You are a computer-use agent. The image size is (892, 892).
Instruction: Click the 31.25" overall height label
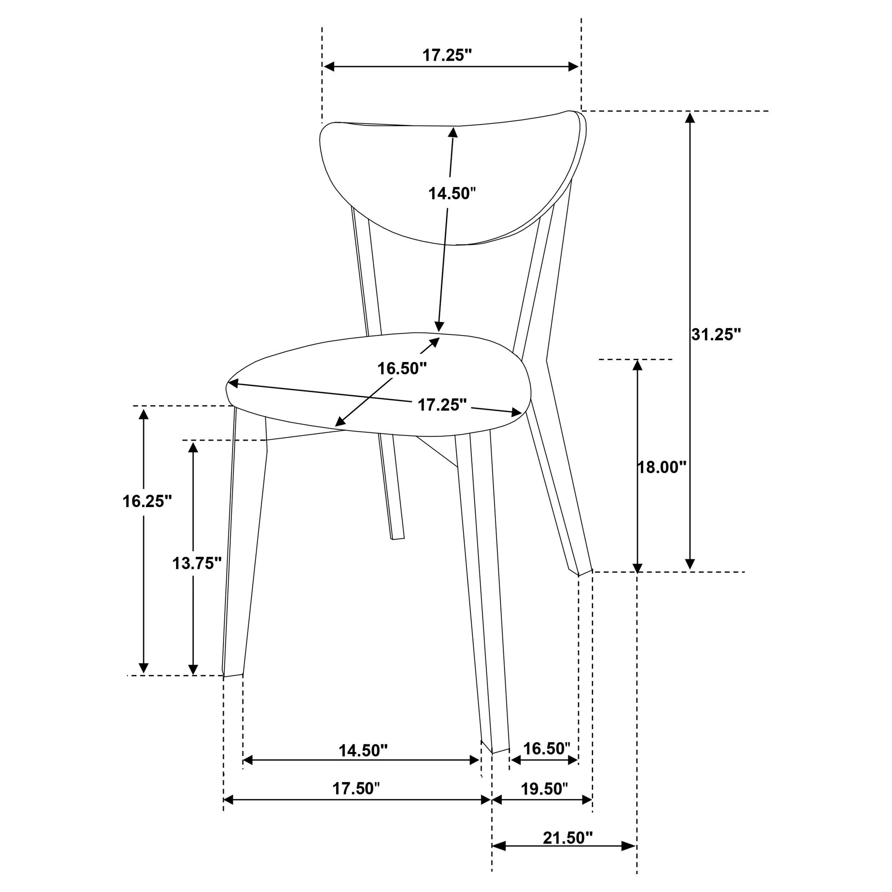[716, 335]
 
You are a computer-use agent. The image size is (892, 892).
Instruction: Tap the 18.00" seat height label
[662, 467]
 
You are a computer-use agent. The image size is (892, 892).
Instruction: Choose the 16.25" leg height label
[147, 501]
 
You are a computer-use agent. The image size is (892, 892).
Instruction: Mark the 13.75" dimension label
[197, 563]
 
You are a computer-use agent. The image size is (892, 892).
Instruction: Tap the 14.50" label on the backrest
[452, 193]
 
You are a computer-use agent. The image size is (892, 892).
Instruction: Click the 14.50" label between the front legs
[363, 751]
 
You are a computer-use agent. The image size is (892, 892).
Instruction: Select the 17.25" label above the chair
[447, 55]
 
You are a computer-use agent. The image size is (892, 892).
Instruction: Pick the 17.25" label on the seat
[442, 405]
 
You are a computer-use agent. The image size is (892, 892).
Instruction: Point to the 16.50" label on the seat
[402, 369]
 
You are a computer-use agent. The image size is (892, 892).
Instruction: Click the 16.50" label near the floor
[547, 749]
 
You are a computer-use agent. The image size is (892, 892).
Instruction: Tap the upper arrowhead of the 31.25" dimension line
[690, 117]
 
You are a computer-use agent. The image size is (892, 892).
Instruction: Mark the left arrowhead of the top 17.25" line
[329, 66]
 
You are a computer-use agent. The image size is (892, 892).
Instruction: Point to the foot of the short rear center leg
[398, 538]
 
